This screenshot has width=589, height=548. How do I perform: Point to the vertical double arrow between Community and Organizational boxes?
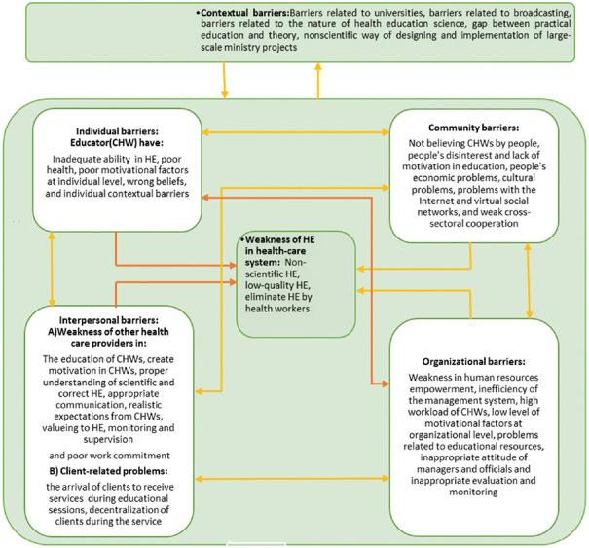tap(529, 289)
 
